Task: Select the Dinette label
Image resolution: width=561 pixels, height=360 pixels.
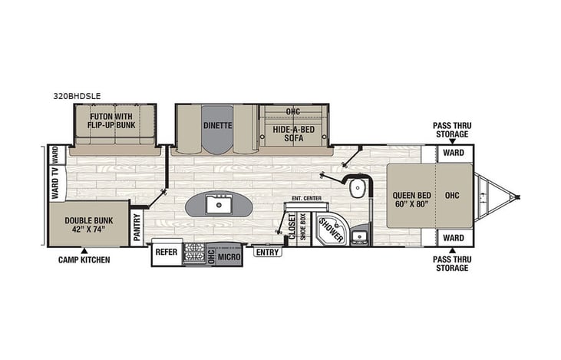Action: point(218,125)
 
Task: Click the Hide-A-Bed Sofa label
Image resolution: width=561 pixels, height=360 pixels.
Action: point(293,135)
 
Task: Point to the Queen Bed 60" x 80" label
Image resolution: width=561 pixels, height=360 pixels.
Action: point(411,200)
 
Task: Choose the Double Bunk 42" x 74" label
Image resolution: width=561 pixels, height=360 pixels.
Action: point(86,224)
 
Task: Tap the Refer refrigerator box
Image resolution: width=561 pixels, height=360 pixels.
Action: point(167,251)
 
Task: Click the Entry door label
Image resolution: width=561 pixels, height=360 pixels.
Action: point(267,252)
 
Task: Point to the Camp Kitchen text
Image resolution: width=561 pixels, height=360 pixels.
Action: point(84,260)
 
